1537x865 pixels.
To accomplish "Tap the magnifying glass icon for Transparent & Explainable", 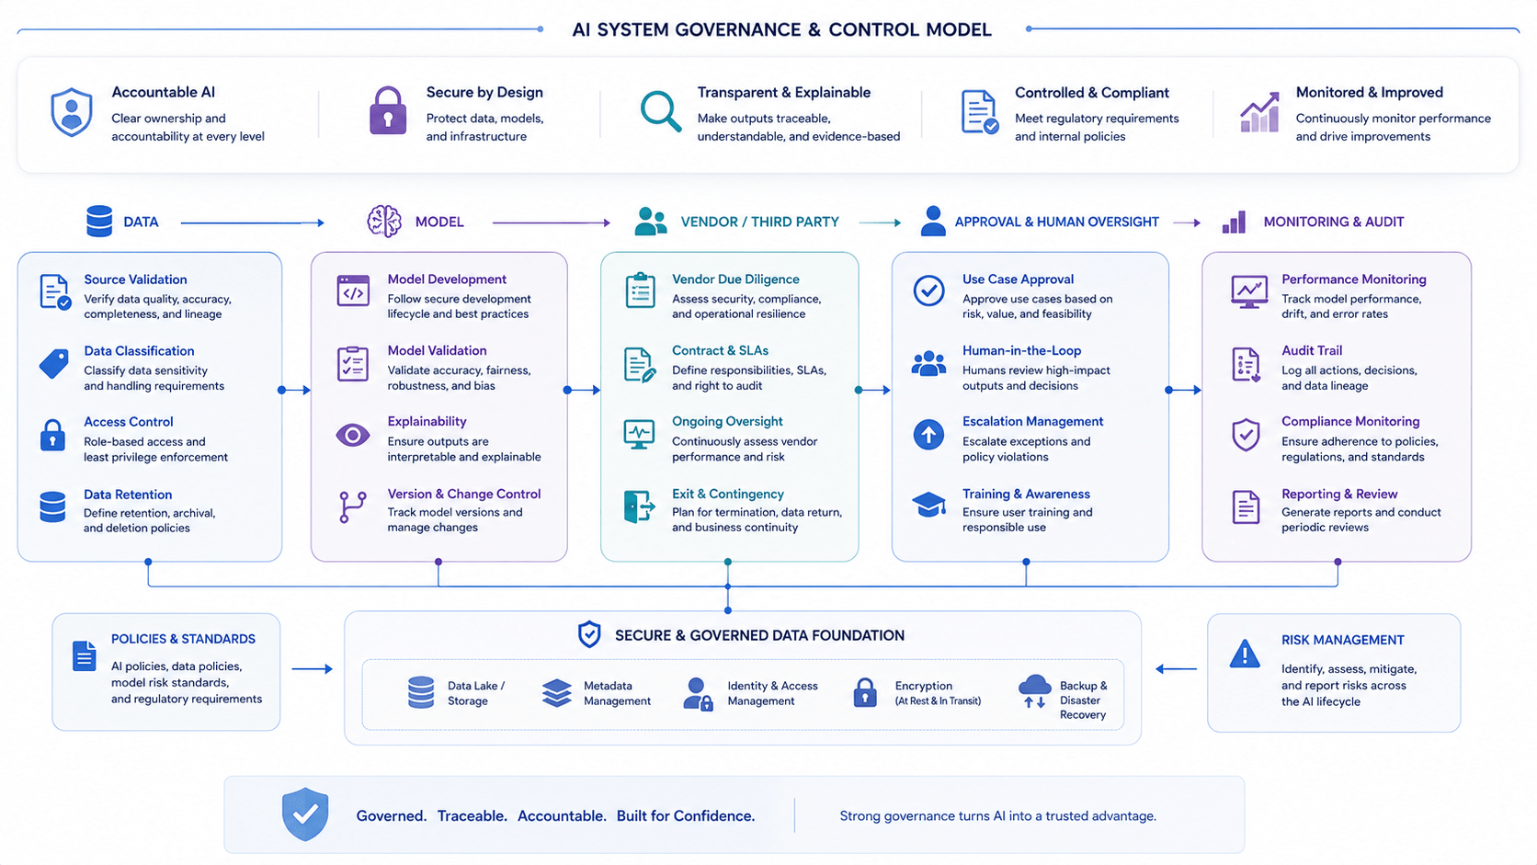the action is pos(660,110).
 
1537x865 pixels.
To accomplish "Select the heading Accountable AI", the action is pos(164,92).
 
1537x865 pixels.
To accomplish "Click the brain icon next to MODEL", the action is pos(383,221).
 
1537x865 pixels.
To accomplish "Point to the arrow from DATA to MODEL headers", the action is pos(252,222).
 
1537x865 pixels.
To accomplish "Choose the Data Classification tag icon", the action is pos(53,364).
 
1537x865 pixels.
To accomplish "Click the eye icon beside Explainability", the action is pos(353,435).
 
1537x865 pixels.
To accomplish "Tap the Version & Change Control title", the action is pos(464,494).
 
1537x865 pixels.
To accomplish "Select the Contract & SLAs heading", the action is pos(720,350).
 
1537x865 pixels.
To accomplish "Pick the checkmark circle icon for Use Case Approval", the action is pos(928,290).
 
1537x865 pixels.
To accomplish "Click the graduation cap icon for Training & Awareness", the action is pos(928,505).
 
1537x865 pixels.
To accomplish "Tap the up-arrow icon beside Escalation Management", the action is pos(928,434).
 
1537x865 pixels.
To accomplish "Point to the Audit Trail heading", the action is pos(1311,350).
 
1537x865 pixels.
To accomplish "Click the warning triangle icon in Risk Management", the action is pos(1244,653).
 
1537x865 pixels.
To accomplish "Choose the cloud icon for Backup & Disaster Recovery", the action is pos(1035,691).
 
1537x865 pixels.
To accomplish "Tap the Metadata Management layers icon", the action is pos(556,693).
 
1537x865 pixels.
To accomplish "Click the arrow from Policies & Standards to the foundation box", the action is pos(313,669).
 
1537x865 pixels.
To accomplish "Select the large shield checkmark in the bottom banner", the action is pos(305,814).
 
